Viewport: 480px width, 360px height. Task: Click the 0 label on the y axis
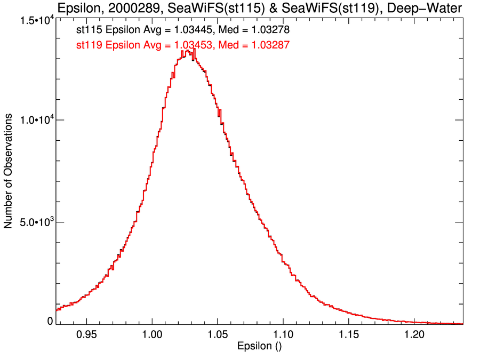[x=50, y=321]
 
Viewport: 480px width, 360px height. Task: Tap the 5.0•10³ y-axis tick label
[x=35, y=222]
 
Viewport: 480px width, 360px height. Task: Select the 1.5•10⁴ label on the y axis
[x=35, y=20]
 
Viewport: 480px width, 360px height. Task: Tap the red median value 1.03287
[x=268, y=46]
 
